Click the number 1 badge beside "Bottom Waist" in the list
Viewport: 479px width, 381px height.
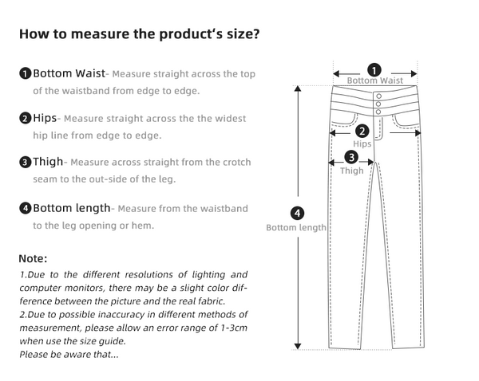coord(26,74)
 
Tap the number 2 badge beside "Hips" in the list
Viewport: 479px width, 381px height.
coord(26,119)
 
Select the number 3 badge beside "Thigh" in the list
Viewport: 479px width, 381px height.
coord(26,163)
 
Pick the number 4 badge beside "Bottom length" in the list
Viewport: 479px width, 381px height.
coord(26,209)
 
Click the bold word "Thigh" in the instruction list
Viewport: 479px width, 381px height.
coord(47,163)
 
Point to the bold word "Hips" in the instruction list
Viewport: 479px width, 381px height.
coord(46,119)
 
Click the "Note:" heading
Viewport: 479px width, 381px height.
coord(33,259)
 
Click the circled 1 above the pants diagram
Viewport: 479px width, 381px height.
coord(374,69)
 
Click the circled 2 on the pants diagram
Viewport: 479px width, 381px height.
coord(362,132)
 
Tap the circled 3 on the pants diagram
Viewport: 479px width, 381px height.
coord(351,157)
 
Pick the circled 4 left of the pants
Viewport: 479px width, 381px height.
coord(297,213)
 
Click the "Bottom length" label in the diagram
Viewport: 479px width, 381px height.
coord(296,228)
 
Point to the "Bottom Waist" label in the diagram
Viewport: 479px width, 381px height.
coord(374,81)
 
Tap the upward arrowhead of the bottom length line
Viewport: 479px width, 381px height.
coord(298,90)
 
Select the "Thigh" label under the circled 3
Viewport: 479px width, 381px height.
coord(351,171)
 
